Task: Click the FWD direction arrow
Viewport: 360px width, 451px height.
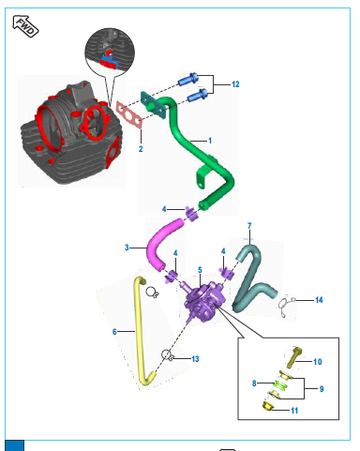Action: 25,26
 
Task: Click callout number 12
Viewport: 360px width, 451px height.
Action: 235,84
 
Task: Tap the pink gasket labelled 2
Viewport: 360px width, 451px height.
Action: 129,114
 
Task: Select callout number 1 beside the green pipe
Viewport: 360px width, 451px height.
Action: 210,141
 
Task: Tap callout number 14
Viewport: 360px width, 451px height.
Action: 319,300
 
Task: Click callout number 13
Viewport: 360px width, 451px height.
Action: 195,359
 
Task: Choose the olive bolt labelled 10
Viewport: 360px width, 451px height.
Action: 293,357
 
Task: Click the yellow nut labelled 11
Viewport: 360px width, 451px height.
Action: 267,407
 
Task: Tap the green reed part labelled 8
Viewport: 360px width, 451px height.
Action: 280,385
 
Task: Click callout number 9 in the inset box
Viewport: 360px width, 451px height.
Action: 322,389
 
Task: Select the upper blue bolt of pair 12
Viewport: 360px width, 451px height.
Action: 188,79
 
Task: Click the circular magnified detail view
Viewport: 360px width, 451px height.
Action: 110,53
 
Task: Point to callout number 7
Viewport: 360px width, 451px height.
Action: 249,226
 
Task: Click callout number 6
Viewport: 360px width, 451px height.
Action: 114,332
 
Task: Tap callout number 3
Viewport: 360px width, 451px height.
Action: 127,248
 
